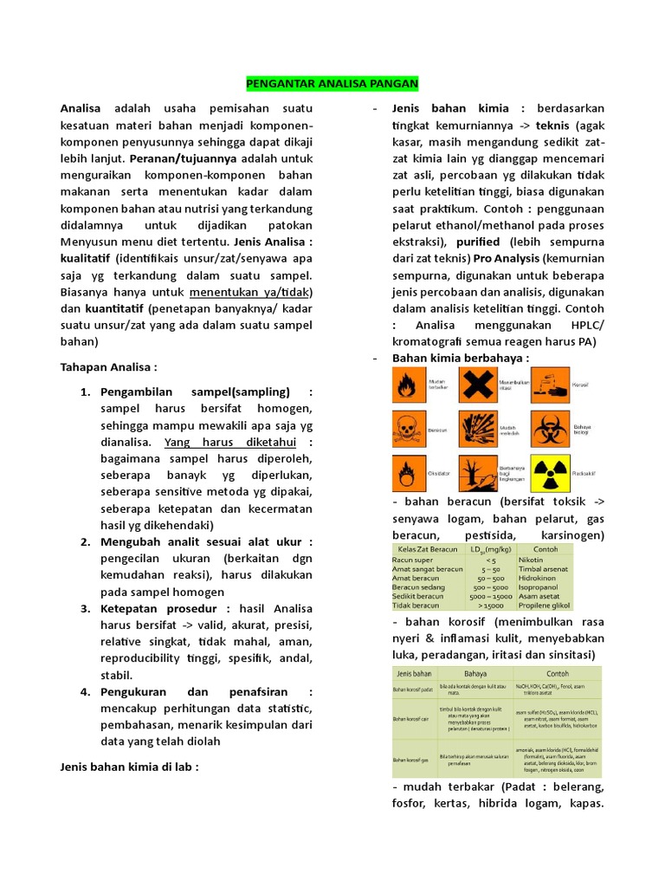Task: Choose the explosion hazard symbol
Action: (475, 428)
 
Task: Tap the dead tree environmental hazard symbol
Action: (475, 474)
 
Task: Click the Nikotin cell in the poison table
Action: (531, 560)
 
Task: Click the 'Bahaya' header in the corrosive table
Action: (475, 673)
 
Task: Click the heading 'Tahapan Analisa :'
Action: (108, 367)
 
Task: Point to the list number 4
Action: (86, 691)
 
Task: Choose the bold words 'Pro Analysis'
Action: (507, 259)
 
